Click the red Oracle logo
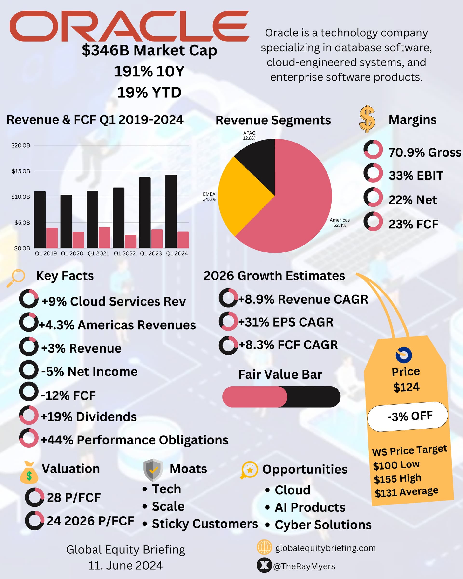pos(129,26)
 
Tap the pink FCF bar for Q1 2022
pos(131,241)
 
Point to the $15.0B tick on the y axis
pos(21,171)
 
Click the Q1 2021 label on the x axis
pos(98,253)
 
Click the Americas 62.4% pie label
pos(340,223)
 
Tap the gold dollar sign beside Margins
pos(367,119)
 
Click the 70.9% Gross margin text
pos(425,152)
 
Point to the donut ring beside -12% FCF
pos(28,392)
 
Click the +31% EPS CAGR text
pos(286,322)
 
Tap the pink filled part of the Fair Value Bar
pos(254,397)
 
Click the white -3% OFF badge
pos(407,416)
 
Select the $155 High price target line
pos(397,478)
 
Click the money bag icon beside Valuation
pos(29,473)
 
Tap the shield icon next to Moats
pos(153,470)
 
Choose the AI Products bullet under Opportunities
pos(310,507)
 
